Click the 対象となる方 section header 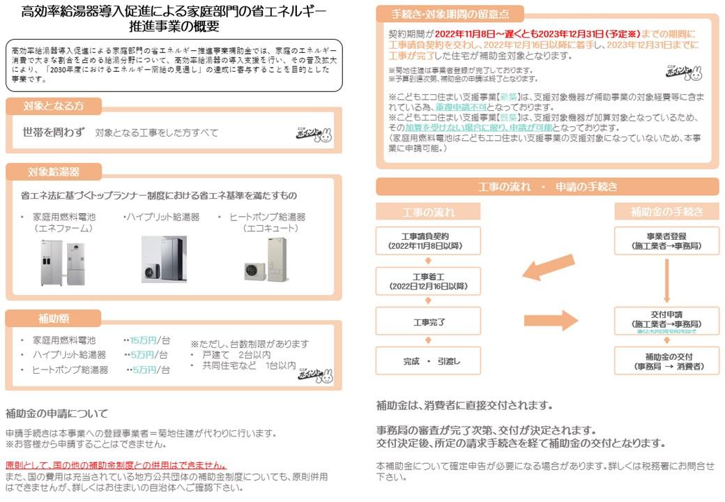click(54, 106)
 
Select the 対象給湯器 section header click(54, 172)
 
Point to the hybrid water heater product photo click(164, 259)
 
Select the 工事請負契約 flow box click(428, 241)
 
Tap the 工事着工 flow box click(428, 281)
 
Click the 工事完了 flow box click(428, 322)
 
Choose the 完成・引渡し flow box click(428, 361)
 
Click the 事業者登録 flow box click(666, 241)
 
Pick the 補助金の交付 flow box click(666, 361)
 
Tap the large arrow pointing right click(551, 321)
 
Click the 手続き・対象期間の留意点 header click(450, 14)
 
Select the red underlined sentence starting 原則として click(116, 465)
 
